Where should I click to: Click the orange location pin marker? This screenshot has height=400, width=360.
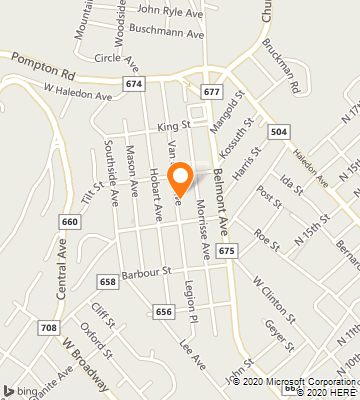point(181,179)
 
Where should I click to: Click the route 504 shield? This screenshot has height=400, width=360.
point(279,131)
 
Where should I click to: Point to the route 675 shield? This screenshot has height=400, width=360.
point(227,249)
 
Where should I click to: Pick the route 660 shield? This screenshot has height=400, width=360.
point(69,221)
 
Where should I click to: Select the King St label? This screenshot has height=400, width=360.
point(173,127)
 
